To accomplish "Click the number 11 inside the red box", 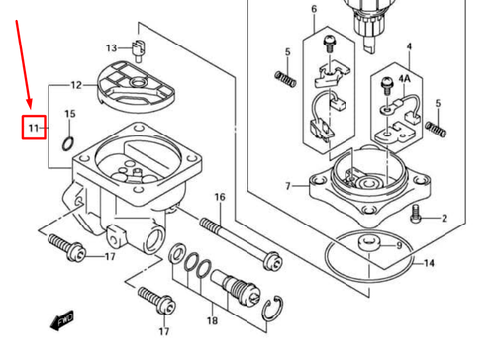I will click(x=33, y=128).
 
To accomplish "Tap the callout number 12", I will click(x=76, y=86).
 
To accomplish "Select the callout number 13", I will click(x=113, y=46).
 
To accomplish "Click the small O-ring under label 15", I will click(x=67, y=144).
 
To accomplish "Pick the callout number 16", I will click(x=219, y=197).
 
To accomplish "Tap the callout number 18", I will click(x=212, y=321).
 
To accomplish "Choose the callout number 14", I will click(x=429, y=264).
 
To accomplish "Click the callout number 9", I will click(x=398, y=245).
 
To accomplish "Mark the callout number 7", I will click(x=287, y=186).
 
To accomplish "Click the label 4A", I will click(x=404, y=76).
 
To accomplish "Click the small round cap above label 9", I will click(x=370, y=242).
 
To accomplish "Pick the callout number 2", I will click(x=445, y=219).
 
